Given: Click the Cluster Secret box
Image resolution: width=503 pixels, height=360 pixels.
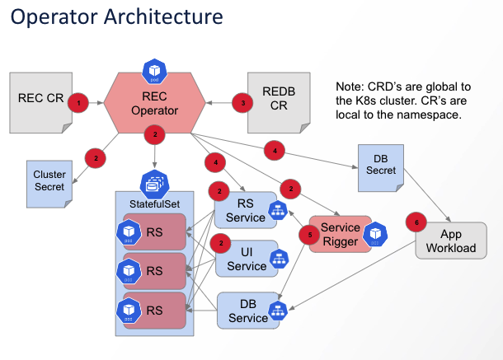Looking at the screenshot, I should tap(49, 180).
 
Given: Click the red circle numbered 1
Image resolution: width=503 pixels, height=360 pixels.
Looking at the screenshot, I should tap(78, 103).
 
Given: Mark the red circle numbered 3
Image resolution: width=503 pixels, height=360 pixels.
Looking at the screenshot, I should tap(242, 103).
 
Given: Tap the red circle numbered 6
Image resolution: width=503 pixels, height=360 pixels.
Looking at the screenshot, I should tap(417, 222).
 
